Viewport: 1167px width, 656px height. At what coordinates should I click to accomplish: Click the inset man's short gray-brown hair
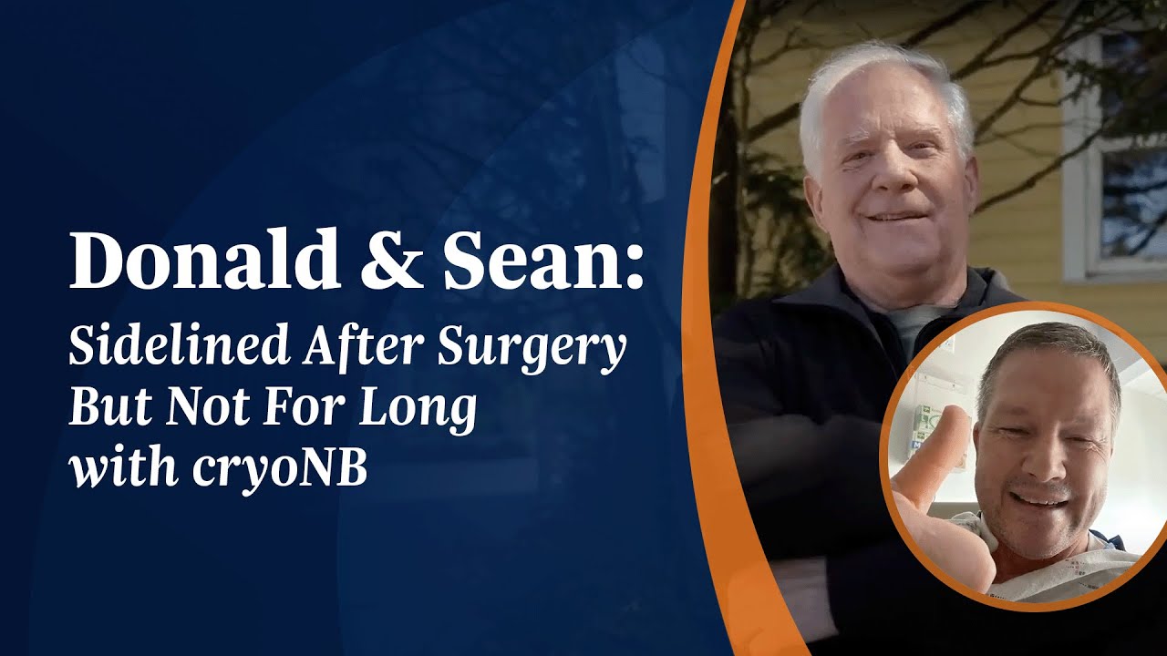(1048, 351)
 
